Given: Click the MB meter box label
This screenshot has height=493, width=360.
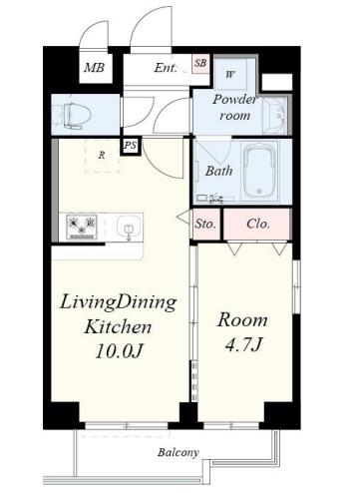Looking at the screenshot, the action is tap(94, 68).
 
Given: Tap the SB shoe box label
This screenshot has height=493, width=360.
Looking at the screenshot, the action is tap(200, 63).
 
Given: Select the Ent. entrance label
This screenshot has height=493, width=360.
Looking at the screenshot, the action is tap(166, 68).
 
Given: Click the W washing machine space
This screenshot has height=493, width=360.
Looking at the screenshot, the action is tap(230, 74).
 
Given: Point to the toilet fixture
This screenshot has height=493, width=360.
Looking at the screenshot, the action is tap(73, 116).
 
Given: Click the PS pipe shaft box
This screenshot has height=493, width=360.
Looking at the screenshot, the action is tap(131, 146).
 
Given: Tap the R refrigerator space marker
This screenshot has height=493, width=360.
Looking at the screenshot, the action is tap(102, 155).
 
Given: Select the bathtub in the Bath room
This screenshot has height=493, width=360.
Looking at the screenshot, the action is tap(260, 171).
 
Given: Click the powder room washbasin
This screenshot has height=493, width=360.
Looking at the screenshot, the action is tap(274, 116).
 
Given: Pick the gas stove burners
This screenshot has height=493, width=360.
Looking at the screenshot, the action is tap(82, 227).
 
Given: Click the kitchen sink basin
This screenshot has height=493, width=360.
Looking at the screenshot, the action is tap(129, 227).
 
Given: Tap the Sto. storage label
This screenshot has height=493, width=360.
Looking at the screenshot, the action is tap(205, 224).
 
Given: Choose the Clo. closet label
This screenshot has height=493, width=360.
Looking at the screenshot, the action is tap(258, 224).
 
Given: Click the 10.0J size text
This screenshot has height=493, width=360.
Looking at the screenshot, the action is tap(120, 351).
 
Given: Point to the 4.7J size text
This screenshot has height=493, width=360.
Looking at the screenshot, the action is tap(244, 344).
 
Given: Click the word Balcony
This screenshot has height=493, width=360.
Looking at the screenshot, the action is tap(179, 452).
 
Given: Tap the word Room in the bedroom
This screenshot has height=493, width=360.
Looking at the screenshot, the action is tap(242, 320).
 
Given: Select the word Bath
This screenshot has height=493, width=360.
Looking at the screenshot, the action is tap(218, 171).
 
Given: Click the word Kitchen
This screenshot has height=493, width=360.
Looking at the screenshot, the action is tap(118, 326).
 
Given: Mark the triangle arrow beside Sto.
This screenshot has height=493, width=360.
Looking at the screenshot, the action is tap(183, 218).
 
